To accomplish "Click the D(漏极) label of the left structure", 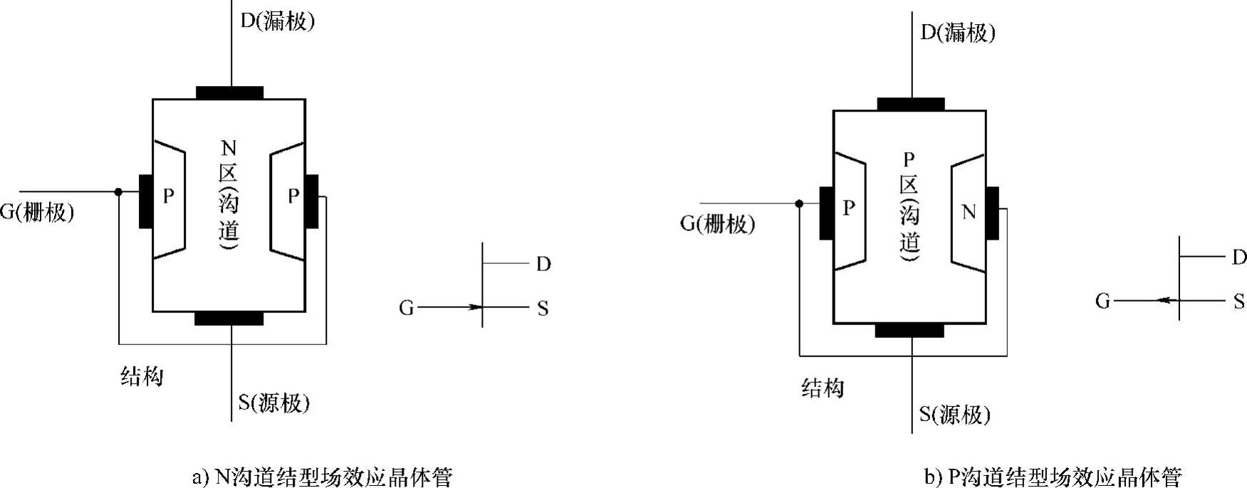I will click(x=277, y=21).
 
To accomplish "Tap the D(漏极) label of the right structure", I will click(x=958, y=33).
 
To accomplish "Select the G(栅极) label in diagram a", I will click(x=37, y=212).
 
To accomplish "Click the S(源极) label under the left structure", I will click(x=274, y=403).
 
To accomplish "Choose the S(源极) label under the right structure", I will click(x=955, y=415).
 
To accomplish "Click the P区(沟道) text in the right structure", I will click(x=909, y=206).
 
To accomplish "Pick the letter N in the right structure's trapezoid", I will click(x=969, y=212).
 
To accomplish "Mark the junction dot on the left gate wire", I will click(x=118, y=192).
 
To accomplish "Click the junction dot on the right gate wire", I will click(x=799, y=203).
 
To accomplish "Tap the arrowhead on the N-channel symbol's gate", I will click(x=475, y=307).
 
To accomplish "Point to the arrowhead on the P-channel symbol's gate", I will click(x=1164, y=301).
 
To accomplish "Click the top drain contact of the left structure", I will click(x=229, y=92).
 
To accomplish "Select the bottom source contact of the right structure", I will click(x=909, y=330).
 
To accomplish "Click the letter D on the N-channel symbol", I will click(x=543, y=265).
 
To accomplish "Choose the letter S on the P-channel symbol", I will click(x=1239, y=302).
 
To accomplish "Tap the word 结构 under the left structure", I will click(x=142, y=376).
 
